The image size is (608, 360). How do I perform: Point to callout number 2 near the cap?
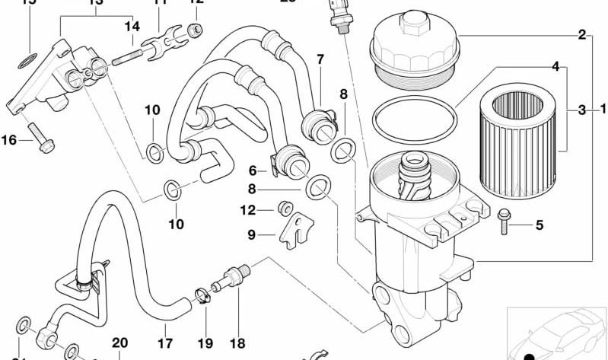581,34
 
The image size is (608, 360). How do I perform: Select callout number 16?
9,139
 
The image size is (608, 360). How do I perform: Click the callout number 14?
132,27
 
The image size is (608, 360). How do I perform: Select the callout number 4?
555,67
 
